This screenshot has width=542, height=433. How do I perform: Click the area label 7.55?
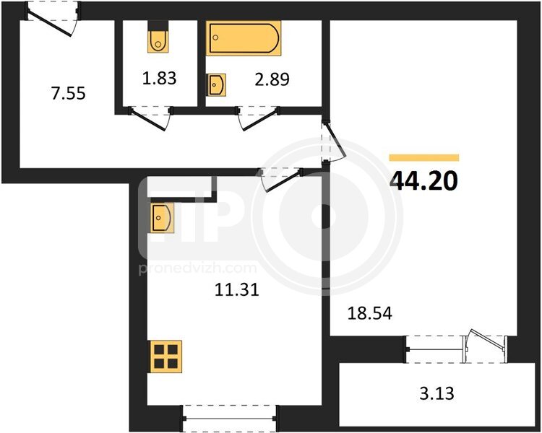click(68, 93)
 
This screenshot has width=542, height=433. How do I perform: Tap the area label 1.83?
click(160, 78)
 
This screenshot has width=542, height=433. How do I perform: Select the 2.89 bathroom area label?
click(272, 79)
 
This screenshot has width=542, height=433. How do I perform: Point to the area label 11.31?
click(237, 289)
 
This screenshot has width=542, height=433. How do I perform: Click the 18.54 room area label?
click(370, 313)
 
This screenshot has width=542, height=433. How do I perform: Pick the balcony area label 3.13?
click(436, 393)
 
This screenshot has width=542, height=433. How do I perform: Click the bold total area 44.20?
click(423, 180)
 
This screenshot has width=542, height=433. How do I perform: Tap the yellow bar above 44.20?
click(424, 158)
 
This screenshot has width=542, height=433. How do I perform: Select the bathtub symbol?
click(244, 38)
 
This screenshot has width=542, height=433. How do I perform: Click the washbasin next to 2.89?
click(216, 84)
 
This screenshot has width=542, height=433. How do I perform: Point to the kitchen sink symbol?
click(160, 217)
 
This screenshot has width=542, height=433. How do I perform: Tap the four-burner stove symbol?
click(165, 357)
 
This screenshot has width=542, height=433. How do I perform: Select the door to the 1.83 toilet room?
click(150, 118)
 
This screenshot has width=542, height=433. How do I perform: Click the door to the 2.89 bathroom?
click(258, 118)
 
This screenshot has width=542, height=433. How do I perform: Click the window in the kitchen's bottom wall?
click(230, 418)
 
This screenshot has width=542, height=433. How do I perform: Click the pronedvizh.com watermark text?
click(198, 268)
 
